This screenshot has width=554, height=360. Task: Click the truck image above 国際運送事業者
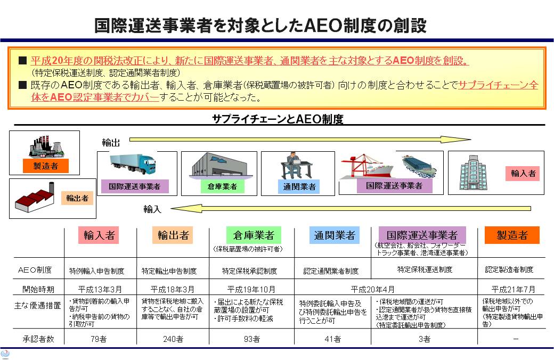pyautogui.click(x=133, y=164)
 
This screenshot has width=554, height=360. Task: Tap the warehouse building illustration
pyautogui.click(x=218, y=165)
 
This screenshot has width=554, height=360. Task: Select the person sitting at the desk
pyautogui.click(x=292, y=166)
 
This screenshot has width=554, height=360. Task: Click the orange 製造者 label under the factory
pyautogui.click(x=45, y=166)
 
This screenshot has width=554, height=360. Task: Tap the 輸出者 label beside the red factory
pyautogui.click(x=77, y=198)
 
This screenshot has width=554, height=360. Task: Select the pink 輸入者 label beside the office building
pyautogui.click(x=523, y=173)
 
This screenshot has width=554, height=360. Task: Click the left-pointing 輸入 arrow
pyautogui.click(x=352, y=209)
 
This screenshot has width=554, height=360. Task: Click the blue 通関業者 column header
pyautogui.click(x=335, y=235)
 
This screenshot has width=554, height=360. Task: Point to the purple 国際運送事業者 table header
pyautogui.click(x=422, y=235)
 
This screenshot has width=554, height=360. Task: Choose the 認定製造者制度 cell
pyautogui.click(x=509, y=270)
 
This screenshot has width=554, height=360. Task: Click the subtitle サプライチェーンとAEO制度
pyautogui.click(x=278, y=119)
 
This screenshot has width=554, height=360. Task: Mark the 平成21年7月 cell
pyautogui.click(x=512, y=290)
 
